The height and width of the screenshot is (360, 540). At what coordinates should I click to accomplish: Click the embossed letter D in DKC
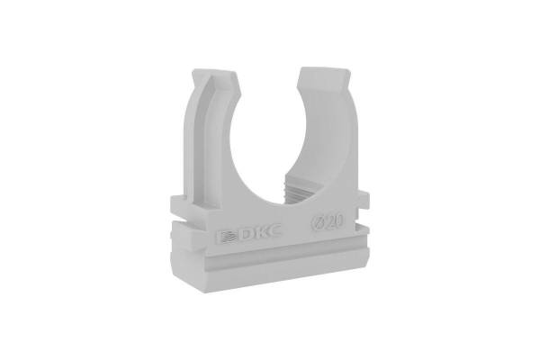246,234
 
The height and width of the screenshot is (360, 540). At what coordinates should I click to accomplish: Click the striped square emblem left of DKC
228,237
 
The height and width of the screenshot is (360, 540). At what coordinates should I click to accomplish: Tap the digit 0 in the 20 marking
340,222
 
